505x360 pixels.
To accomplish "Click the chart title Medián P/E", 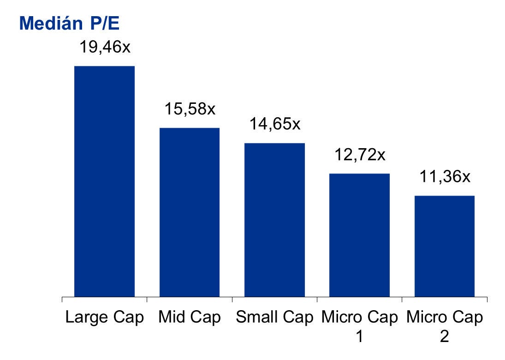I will click(69, 23).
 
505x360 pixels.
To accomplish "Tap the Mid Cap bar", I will click(190, 212).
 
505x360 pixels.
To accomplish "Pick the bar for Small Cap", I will click(274, 220).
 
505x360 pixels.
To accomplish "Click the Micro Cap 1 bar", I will click(359, 235).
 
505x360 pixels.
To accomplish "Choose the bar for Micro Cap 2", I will click(444, 246).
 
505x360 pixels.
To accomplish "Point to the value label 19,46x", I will click(105, 47).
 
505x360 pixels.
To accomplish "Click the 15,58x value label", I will click(190, 109).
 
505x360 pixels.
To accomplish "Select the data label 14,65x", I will click(275, 124).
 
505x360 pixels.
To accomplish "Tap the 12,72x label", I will click(360, 155).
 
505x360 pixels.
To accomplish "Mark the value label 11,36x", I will click(445, 177).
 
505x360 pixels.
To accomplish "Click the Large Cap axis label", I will click(105, 318).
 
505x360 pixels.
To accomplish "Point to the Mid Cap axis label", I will click(190, 318).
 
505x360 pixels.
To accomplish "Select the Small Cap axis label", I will click(274, 318).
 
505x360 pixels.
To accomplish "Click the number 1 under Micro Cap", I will click(359, 337).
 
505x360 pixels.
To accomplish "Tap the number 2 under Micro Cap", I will click(444, 337).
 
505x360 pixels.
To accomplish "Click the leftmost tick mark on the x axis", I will click(62, 300).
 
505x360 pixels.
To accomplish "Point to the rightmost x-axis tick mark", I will click(487, 300).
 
